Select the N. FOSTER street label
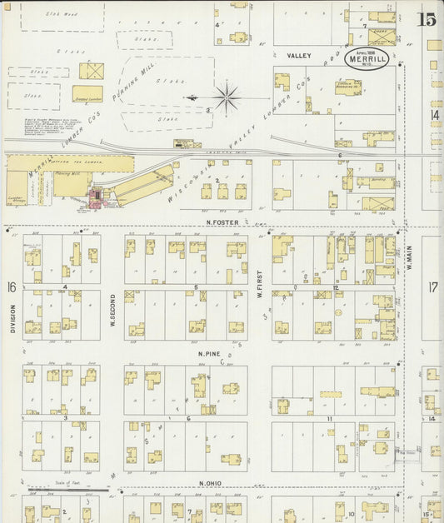click(223, 222)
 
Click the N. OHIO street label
click(213, 484)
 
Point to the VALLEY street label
click(299, 56)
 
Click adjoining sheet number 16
click(12, 287)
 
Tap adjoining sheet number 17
click(433, 287)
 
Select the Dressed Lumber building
click(87, 93)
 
